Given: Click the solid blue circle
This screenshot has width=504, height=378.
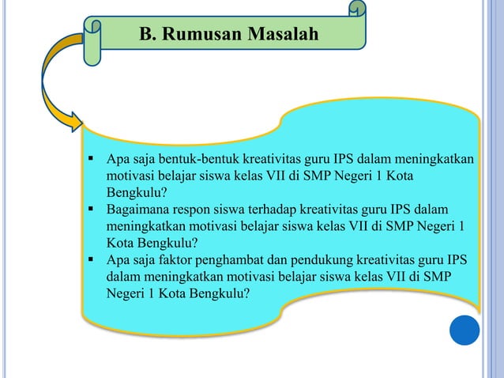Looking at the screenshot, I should (465, 329).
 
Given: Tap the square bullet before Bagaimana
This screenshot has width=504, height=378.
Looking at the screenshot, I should (92, 209).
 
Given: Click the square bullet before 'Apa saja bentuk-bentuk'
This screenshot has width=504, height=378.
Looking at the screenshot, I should (92, 159).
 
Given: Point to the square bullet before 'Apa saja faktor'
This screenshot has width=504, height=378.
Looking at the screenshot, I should (92, 259).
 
